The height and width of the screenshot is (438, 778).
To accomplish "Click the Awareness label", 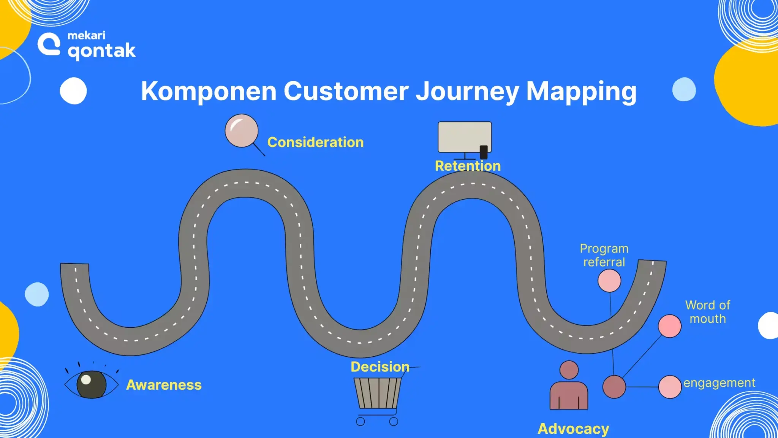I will point(164,385).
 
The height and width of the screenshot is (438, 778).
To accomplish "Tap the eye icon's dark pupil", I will point(91,384).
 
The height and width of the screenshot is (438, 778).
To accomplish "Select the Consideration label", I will point(315,142).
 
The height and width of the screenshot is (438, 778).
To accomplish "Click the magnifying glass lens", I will point(242,130).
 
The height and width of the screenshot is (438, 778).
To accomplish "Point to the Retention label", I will point(468,166).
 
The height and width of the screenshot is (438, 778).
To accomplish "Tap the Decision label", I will point(380,367).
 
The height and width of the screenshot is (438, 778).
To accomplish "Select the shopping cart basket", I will point(377,393).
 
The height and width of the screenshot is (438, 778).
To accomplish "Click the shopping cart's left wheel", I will point(361,421).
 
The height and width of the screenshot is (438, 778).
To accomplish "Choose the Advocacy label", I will point(573,428).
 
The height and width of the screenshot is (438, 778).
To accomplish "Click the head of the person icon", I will point(569,370).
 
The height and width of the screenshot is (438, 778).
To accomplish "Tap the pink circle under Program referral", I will point(609,281).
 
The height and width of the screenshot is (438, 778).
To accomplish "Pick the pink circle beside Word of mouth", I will point(669,326).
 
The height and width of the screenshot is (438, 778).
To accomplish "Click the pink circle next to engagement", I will point(670,387).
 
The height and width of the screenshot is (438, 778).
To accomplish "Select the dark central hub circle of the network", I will point(614,387).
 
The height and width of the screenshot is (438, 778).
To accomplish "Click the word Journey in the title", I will point(467,91).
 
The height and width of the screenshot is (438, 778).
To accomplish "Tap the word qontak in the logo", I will point(101,51).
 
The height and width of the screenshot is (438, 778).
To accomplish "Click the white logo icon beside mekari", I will point(49,44).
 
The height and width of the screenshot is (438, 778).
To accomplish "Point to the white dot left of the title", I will point(73,90).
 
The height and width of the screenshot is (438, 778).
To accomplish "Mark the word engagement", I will point(719,383).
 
